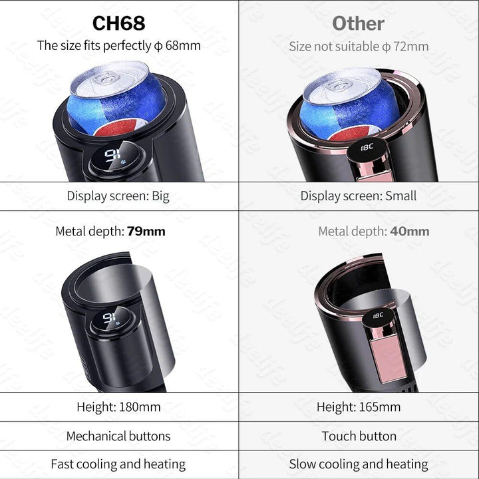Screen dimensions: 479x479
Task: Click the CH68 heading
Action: click(x=118, y=23)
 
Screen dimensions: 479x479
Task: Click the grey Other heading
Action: click(x=358, y=23)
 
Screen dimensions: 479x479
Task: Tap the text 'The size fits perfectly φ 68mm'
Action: click(x=118, y=46)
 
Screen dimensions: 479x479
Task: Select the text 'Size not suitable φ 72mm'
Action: click(x=359, y=47)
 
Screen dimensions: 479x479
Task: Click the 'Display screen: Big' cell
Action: click(x=118, y=196)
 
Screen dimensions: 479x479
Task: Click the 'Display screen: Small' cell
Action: click(x=359, y=196)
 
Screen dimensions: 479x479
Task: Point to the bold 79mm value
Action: click(x=146, y=232)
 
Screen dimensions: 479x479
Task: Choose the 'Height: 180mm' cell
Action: click(x=118, y=406)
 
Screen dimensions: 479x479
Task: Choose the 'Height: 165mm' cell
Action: click(x=359, y=406)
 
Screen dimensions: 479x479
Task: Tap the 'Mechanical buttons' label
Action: click(x=118, y=436)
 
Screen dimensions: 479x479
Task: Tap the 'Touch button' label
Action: click(x=359, y=436)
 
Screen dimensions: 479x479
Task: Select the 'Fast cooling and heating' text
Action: click(x=118, y=464)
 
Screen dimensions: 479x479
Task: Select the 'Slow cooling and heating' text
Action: click(x=359, y=464)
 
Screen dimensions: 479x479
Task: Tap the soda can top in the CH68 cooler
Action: click(x=117, y=78)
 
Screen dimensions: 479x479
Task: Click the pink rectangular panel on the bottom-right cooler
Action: click(x=389, y=359)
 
